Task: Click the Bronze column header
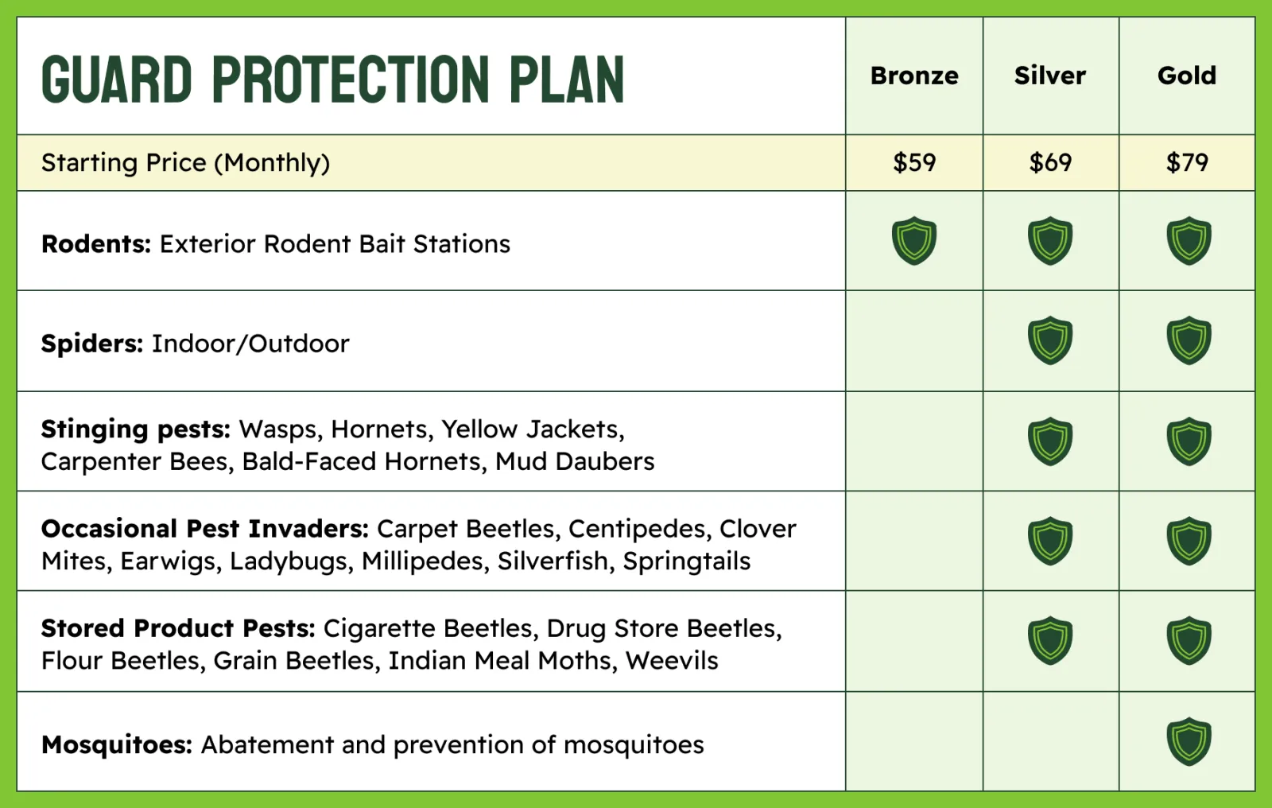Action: [x=914, y=76]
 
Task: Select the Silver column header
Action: [x=1050, y=76]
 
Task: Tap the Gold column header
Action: [x=1187, y=76]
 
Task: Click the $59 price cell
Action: [x=914, y=162]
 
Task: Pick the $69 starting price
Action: [x=1050, y=162]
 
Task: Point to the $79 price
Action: [x=1187, y=162]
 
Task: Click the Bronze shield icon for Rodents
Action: [x=913, y=240]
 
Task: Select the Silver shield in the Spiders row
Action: [x=1050, y=340]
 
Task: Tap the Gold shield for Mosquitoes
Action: [x=1189, y=741]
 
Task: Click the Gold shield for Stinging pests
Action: [x=1189, y=441]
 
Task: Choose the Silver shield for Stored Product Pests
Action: [x=1050, y=640]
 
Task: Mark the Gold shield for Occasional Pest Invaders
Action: [x=1189, y=541]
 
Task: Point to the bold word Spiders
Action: [x=92, y=344]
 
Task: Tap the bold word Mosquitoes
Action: [x=117, y=745]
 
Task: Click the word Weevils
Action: [x=672, y=661]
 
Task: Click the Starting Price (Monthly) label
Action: [x=186, y=163]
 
